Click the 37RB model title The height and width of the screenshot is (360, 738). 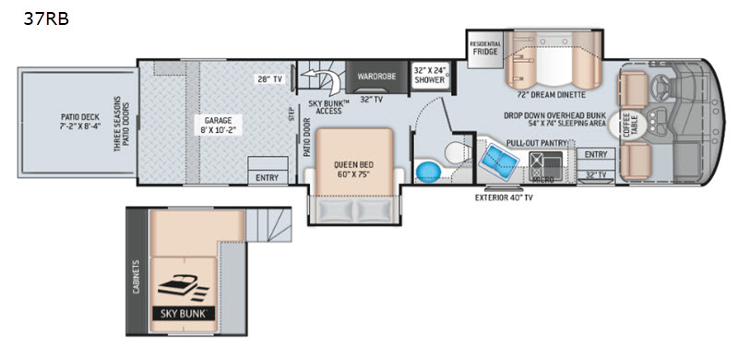pos(46,18)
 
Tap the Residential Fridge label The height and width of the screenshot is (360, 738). pos(485,48)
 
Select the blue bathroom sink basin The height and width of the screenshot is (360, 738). pos(428,172)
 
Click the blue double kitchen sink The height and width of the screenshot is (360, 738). pos(498,162)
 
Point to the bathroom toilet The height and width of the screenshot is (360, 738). pos(458,151)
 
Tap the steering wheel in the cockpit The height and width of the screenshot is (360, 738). pos(661,85)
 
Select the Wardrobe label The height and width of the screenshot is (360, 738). pos(375,76)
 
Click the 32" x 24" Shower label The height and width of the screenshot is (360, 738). pos(429,75)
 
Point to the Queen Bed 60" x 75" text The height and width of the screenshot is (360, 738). pos(354,169)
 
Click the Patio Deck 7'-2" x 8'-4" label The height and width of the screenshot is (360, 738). pos(80,122)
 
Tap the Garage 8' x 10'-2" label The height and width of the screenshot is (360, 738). pos(217,125)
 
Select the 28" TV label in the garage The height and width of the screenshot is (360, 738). pos(270,78)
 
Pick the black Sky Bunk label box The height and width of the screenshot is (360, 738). pos(184,313)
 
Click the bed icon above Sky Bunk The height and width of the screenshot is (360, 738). pos(181,287)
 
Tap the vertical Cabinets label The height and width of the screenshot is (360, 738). pos(137,277)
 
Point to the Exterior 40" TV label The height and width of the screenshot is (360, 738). pos(504,198)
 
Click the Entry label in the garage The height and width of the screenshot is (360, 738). pos(268,177)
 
